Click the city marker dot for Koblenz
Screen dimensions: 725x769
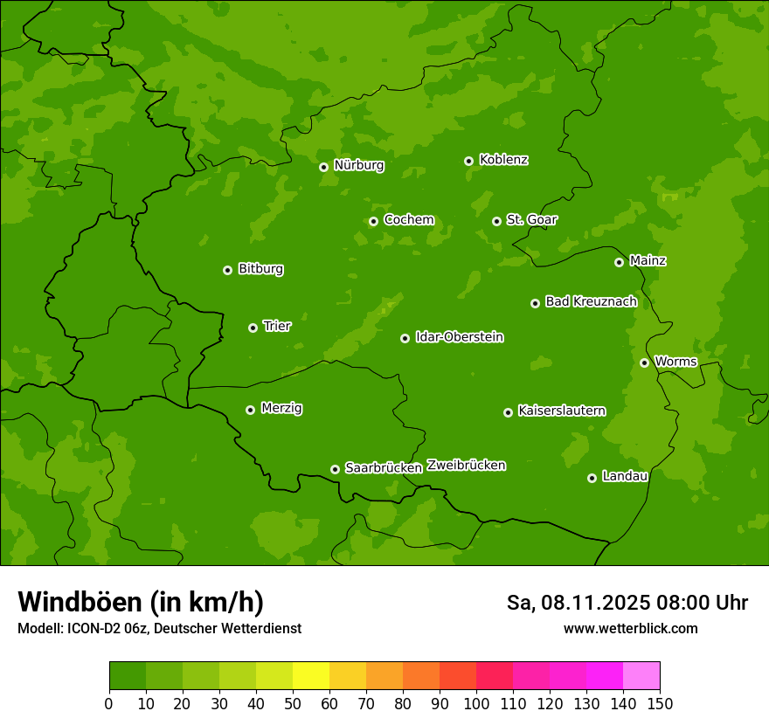coord(469,161)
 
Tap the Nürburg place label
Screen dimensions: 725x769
coord(358,165)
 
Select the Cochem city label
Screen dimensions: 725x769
coord(408,219)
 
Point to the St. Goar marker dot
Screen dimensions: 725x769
coord(496,221)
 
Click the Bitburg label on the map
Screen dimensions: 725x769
coord(260,269)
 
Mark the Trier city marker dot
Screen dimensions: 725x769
coord(253,328)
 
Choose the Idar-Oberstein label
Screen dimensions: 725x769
coord(459,337)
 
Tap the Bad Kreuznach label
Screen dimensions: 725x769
coord(591,301)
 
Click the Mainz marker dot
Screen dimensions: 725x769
coord(619,262)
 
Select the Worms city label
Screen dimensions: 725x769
coord(675,362)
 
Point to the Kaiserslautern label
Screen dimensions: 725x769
coord(561,411)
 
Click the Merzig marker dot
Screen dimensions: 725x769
coord(251,410)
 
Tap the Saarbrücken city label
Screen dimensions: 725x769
coord(384,468)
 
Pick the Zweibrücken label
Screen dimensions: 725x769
coord(466,466)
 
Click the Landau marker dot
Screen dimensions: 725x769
coord(592,478)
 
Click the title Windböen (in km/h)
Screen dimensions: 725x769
coord(140,602)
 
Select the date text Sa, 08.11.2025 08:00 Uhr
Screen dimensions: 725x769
coord(627,603)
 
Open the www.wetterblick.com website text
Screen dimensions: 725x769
coord(630,629)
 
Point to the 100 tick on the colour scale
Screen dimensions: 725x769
coord(476,703)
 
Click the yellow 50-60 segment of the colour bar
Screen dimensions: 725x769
coord(311,676)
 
